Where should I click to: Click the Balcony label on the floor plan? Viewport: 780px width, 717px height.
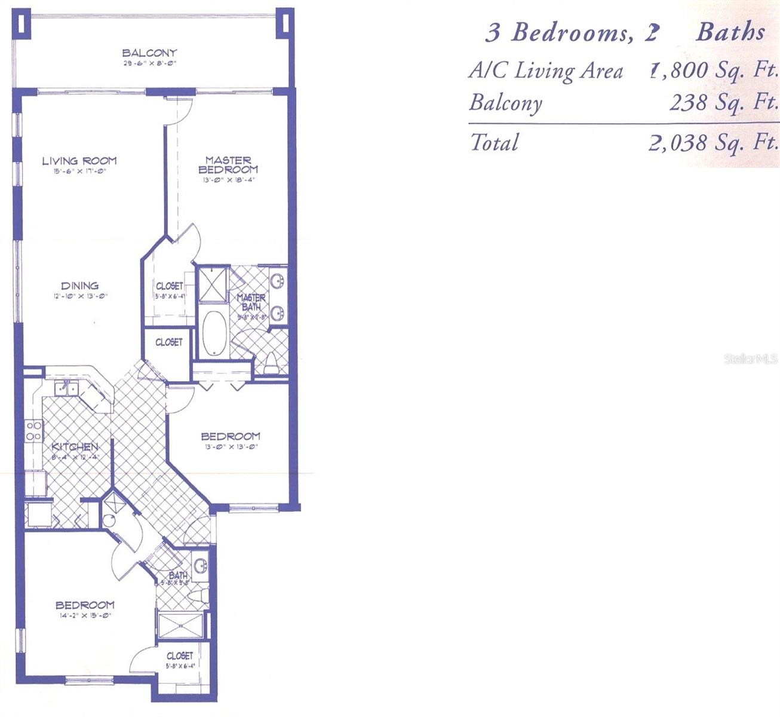(x=149, y=53)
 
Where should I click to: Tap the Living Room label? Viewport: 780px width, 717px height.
(x=79, y=161)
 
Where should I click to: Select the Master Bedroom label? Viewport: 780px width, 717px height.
(x=228, y=164)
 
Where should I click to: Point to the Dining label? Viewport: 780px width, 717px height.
(x=79, y=286)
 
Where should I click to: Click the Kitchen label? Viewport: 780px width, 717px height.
(x=75, y=447)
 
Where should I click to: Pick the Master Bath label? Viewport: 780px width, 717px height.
(x=251, y=302)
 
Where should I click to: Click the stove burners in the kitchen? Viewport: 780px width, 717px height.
(x=33, y=431)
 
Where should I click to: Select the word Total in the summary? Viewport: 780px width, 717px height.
(x=494, y=142)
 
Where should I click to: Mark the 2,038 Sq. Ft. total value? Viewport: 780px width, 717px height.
(x=714, y=143)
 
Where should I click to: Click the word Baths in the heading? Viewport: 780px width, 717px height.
(x=730, y=32)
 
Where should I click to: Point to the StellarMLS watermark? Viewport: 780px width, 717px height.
(x=751, y=359)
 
